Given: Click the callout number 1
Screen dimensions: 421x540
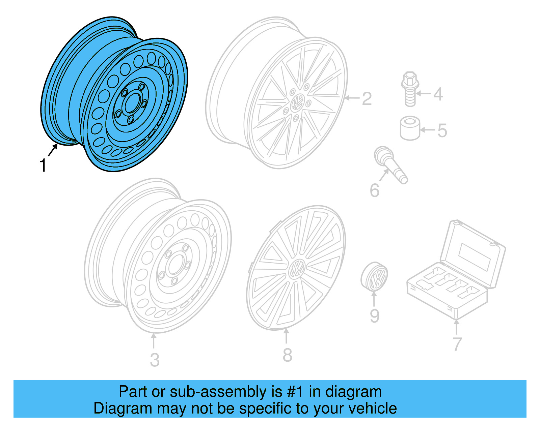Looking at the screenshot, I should click(43, 166).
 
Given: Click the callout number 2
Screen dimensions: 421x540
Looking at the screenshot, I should click(367, 99).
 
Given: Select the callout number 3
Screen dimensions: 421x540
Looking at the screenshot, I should click(155, 360).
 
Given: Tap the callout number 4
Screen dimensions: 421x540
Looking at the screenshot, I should click(438, 94).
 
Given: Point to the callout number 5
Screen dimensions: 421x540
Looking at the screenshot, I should click(442, 131).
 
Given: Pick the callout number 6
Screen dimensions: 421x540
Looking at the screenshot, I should click(375, 190).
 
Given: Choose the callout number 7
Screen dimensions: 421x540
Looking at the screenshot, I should click(457, 344).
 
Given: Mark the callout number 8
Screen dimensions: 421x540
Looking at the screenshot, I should click(287, 355).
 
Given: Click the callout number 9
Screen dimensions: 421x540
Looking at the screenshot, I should click(375, 316).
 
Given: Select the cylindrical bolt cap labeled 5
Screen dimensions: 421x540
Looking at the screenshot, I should click(410, 128).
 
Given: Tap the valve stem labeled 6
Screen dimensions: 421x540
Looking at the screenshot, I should click(391, 165).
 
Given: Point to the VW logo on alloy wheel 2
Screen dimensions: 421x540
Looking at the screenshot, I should click(297, 102).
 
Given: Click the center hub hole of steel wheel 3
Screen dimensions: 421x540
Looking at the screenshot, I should click(175, 265).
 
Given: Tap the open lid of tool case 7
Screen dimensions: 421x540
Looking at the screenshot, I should click(473, 253).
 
